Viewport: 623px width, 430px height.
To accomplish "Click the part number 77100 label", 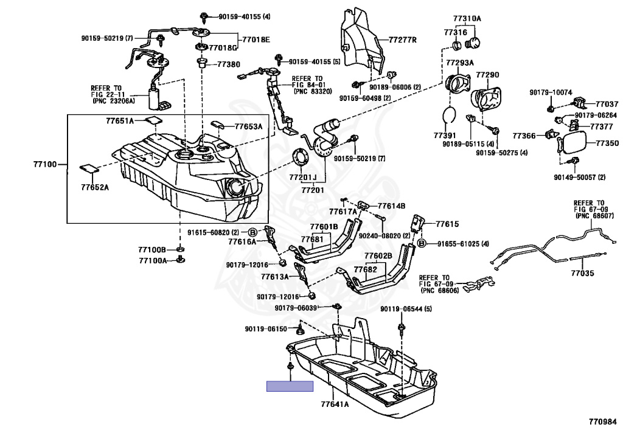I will pos(46,164).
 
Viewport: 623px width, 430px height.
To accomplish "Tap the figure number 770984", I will pos(602,421).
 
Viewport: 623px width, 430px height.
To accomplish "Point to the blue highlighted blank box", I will pos(290,386).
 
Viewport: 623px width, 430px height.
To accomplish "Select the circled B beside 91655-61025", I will pos(420,244).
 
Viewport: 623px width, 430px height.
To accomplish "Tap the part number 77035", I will pos(582,274).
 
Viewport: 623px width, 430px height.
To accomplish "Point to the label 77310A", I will pos(467,19).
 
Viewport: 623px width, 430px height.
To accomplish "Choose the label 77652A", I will pos(95,187).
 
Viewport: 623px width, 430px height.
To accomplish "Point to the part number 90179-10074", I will pos(551,92).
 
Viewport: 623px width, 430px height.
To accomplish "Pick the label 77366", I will pos(523,136).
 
